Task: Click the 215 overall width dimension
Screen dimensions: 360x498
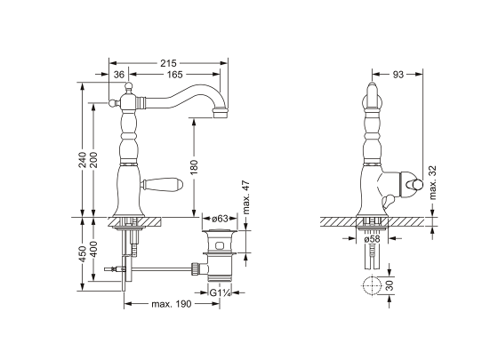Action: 169,63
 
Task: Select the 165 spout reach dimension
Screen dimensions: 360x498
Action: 173,75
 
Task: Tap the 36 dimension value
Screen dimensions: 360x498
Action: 118,75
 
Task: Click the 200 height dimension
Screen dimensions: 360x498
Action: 94,160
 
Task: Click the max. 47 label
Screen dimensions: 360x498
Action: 245,195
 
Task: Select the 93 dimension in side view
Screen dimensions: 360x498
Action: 398,75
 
